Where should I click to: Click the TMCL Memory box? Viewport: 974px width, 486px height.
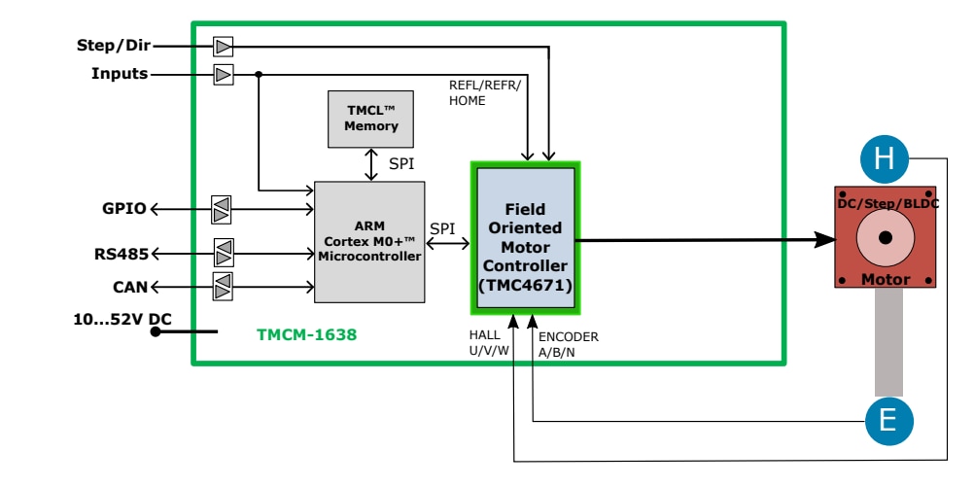(371, 119)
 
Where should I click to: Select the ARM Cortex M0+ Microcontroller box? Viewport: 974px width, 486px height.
(369, 242)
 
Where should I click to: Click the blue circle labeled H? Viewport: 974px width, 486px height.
(885, 157)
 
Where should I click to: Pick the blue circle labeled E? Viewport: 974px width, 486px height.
(889, 420)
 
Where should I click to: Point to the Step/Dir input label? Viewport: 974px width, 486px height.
(114, 45)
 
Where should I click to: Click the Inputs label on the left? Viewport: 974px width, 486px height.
(120, 74)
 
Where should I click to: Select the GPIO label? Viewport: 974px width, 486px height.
(124, 208)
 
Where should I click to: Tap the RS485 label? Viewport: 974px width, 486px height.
(122, 255)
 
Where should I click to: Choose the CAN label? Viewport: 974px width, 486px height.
(131, 287)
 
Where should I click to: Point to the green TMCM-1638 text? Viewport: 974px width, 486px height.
(306, 335)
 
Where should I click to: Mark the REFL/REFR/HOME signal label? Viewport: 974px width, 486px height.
(485, 92)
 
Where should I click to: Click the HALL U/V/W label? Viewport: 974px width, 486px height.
(489, 344)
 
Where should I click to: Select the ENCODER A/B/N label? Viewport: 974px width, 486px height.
(569, 344)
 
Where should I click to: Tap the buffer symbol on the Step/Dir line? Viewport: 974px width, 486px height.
(224, 46)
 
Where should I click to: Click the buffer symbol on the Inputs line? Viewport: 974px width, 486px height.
(224, 74)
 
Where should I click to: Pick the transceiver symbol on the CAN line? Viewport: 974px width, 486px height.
(223, 287)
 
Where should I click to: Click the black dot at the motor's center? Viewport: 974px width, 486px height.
(885, 238)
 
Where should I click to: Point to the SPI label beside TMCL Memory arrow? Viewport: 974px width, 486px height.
(401, 163)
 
